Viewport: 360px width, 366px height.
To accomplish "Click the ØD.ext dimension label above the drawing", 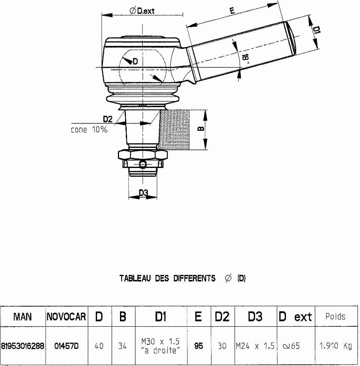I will click(142, 11).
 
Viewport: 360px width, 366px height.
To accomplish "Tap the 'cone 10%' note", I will click(89, 130).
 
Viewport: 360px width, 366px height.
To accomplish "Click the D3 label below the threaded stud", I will click(143, 193).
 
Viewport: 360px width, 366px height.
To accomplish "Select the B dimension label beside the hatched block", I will click(201, 129).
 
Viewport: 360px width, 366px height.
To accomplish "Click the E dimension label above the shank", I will click(232, 12).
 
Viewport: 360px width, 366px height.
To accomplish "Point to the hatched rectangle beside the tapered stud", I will click(175, 130).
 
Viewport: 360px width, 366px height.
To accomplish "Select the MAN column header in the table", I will click(23, 316).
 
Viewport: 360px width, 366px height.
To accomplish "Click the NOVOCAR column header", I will click(66, 317).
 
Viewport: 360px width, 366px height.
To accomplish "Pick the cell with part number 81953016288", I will click(23, 346).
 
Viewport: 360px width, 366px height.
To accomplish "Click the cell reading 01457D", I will click(66, 346).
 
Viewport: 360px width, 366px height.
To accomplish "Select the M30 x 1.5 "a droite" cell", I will click(160, 346).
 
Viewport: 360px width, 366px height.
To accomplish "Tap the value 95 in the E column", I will click(199, 346).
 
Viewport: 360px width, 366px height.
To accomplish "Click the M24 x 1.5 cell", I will click(255, 346).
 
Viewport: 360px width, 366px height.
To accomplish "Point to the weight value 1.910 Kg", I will click(336, 346).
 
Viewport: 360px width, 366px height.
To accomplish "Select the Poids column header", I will click(335, 316).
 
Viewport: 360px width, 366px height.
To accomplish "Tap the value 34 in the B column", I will click(123, 346).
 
